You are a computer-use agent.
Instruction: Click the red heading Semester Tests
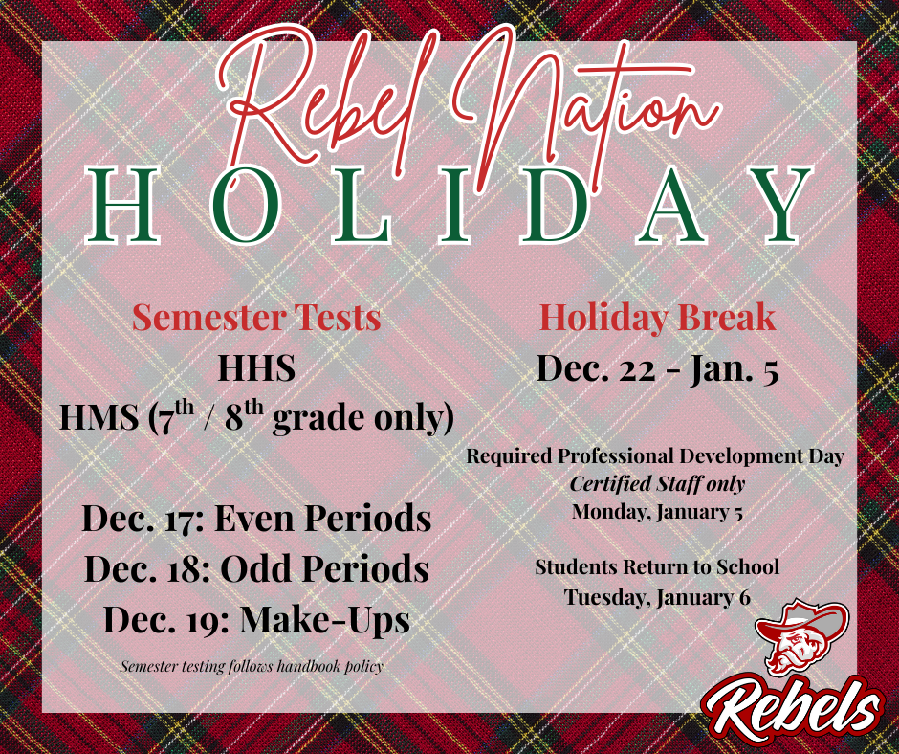256,317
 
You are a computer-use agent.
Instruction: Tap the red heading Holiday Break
656,317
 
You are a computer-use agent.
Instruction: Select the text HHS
256,370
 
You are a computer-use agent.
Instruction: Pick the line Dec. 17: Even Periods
256,519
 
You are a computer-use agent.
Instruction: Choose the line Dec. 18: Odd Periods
256,569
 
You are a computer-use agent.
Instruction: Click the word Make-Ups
324,620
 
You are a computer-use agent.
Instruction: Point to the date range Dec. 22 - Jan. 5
656,368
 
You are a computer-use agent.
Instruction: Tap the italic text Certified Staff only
656,484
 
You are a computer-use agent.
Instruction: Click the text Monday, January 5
656,511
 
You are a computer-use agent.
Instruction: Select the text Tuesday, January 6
656,597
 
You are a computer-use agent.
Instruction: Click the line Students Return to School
656,567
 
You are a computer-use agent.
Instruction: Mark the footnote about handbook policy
251,666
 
